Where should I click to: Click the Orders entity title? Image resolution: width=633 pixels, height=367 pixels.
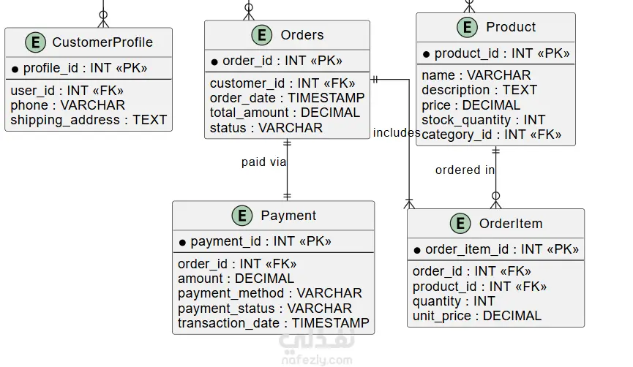click(x=302, y=35)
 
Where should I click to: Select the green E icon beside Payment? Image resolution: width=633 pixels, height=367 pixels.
click(x=242, y=216)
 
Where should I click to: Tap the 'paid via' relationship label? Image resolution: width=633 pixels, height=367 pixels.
click(x=264, y=162)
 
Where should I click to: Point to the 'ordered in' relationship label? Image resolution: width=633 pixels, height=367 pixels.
click(x=465, y=170)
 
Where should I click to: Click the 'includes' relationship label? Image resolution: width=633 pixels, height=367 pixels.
click(x=397, y=132)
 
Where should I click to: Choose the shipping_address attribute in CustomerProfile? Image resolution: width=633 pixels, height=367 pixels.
click(x=89, y=120)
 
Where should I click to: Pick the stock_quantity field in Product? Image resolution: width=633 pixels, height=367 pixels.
click(x=483, y=120)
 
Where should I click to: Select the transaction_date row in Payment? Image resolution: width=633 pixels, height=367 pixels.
click(x=273, y=323)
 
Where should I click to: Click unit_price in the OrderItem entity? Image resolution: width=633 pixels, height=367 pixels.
click(x=477, y=316)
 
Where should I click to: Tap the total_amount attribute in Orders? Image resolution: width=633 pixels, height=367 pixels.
click(x=285, y=113)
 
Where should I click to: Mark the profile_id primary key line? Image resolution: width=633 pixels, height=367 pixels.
click(x=80, y=68)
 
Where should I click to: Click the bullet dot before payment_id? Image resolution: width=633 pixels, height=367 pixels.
click(x=182, y=243)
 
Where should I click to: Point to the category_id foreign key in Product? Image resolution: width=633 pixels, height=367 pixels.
click(x=491, y=135)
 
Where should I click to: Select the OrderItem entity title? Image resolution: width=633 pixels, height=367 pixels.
click(x=511, y=224)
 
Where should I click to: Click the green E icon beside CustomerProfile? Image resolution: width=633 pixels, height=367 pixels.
click(x=36, y=42)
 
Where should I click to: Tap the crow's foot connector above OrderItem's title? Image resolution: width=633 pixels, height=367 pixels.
click(x=495, y=201)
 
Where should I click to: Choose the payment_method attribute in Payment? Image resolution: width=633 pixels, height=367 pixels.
click(x=270, y=293)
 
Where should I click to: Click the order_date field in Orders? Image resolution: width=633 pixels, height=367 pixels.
click(x=287, y=98)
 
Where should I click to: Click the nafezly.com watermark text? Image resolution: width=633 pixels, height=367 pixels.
click(x=316, y=360)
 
